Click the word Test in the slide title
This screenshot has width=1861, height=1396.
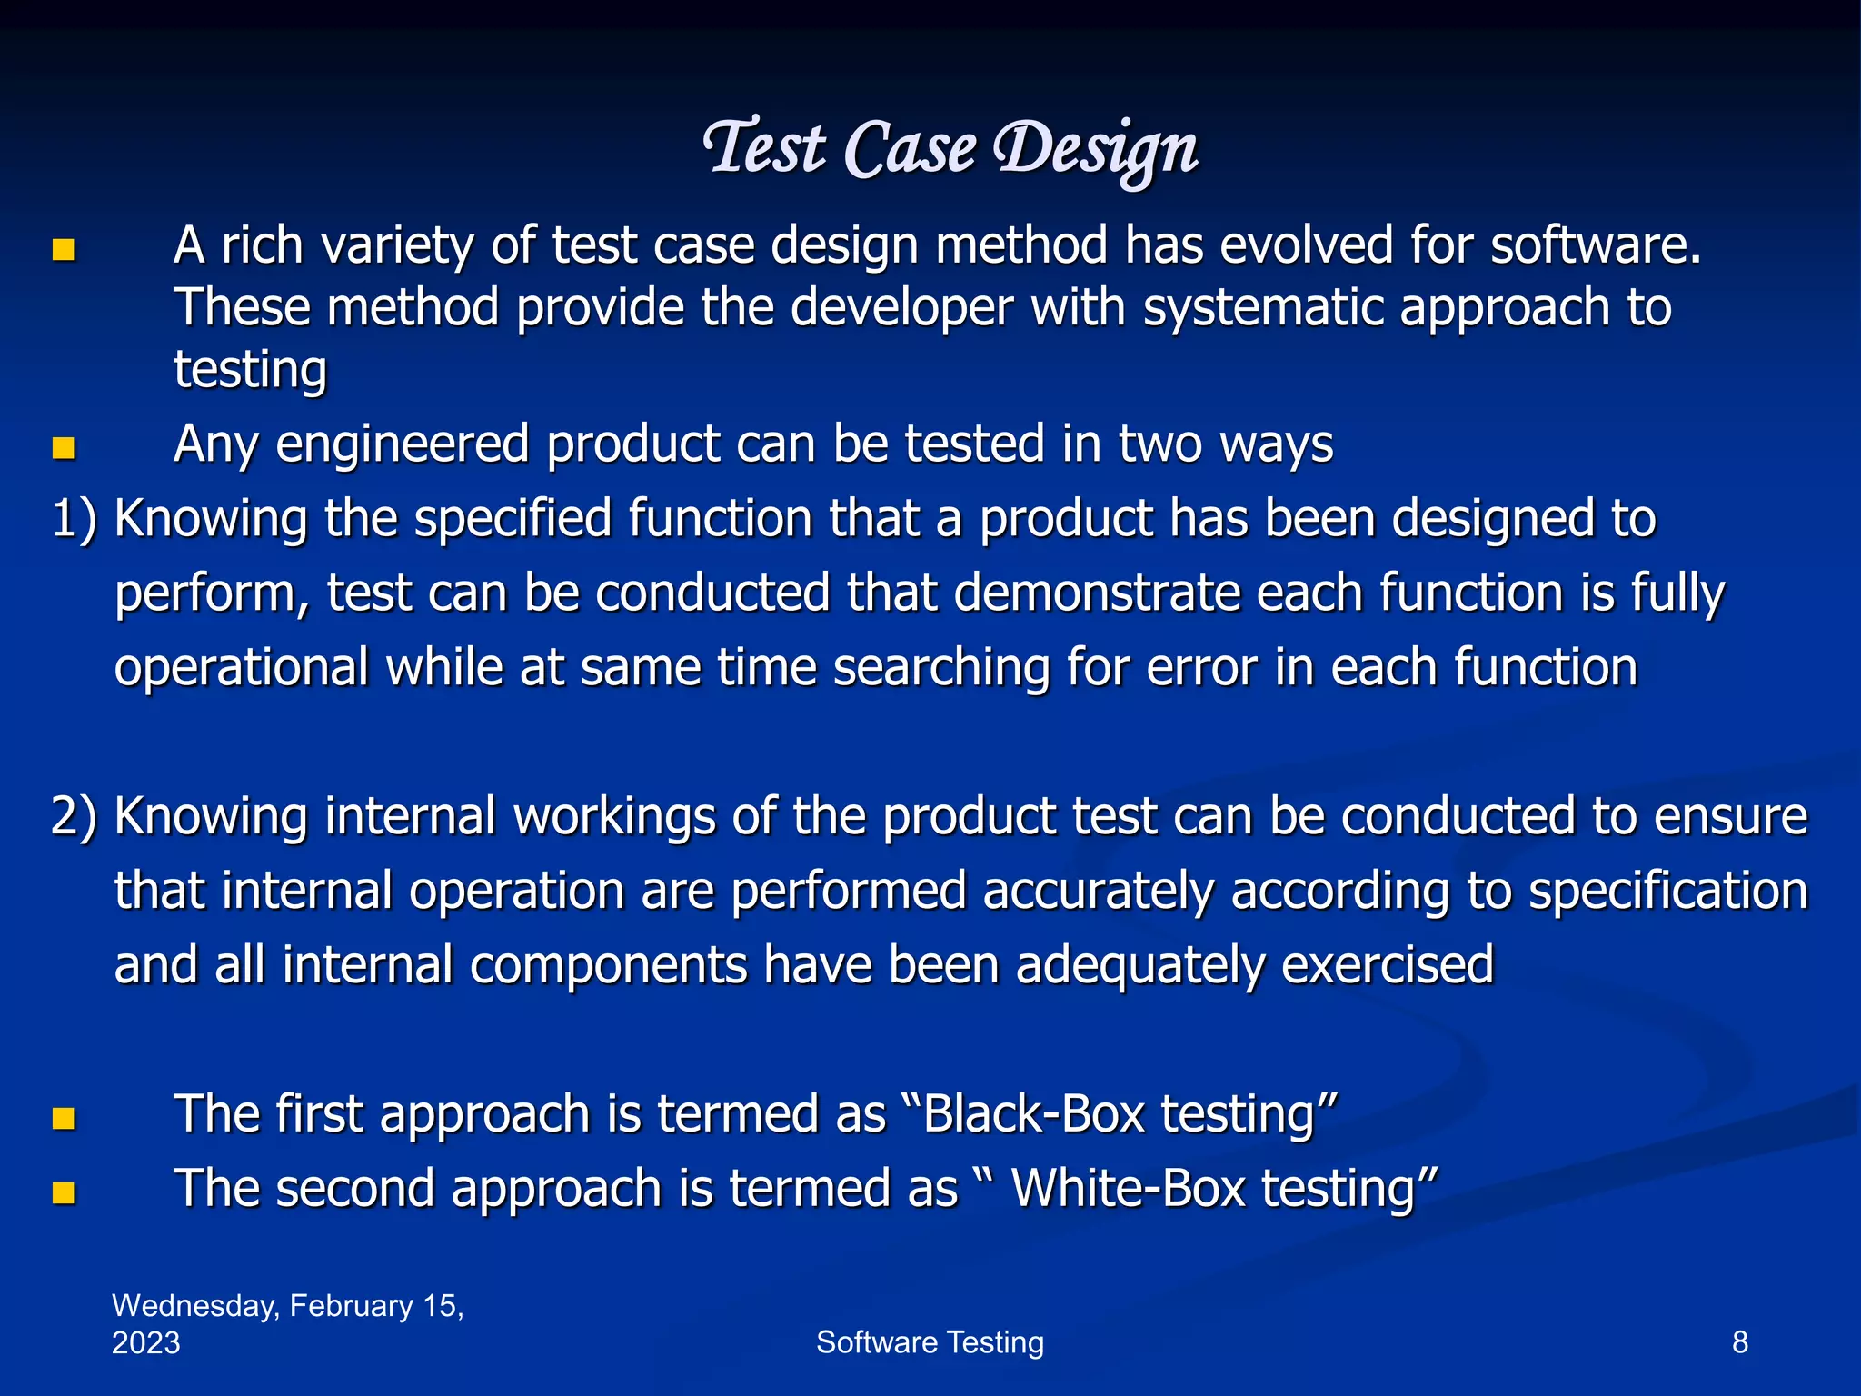point(765,147)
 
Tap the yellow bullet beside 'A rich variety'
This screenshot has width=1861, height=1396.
point(63,250)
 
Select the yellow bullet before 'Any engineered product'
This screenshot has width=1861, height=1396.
point(63,448)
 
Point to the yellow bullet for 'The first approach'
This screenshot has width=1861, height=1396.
point(63,1118)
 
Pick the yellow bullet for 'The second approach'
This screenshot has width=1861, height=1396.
point(63,1192)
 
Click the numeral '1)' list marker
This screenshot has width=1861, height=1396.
point(74,520)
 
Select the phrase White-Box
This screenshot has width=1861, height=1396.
point(1128,1189)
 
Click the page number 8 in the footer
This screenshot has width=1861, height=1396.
point(1739,1342)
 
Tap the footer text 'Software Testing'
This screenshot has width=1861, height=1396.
point(930,1342)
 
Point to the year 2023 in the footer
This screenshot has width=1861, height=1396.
point(145,1343)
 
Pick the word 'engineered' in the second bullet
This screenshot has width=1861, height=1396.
point(403,445)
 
